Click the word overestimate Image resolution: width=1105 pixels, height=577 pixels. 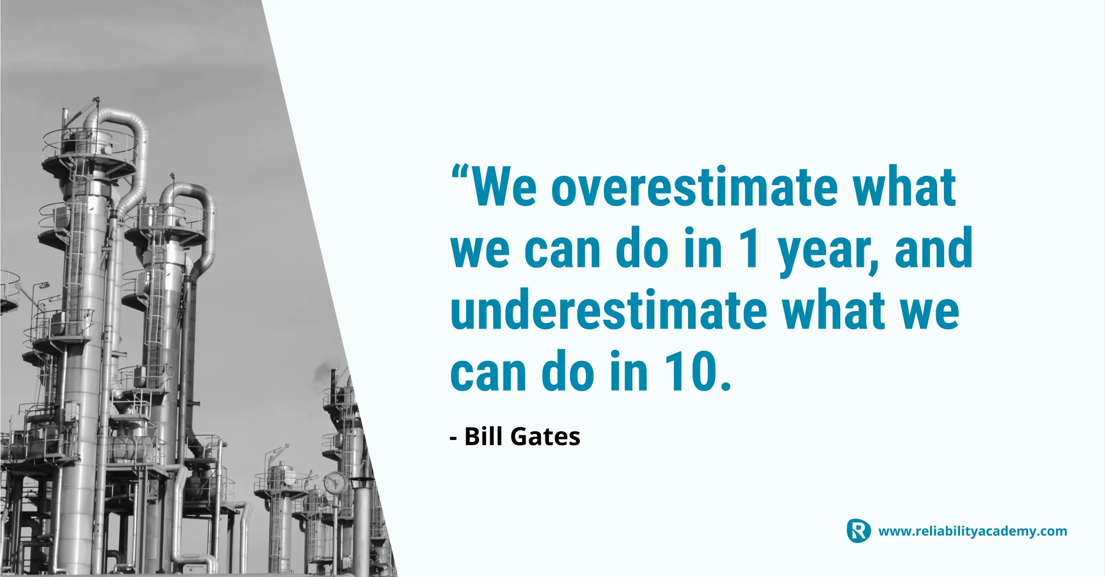694,187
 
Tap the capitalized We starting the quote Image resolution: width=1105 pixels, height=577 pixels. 504,187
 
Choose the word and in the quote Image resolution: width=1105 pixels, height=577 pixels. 934,248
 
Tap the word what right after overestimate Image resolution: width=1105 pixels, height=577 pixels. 905,186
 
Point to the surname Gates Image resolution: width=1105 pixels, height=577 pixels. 545,436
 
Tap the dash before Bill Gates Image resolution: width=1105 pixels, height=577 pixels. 453,439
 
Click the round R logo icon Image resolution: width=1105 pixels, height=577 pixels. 858,531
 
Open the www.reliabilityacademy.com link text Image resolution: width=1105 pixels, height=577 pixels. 972,531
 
